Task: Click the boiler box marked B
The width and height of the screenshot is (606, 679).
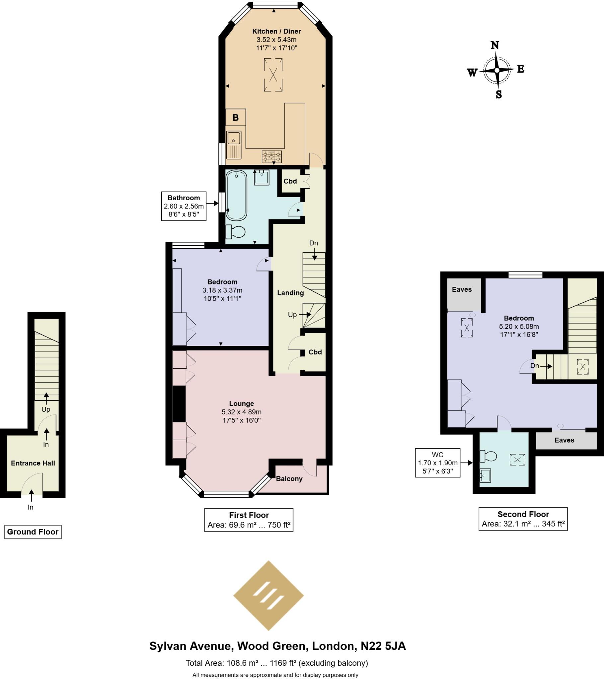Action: tap(236, 117)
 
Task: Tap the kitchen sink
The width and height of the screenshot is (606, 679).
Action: tap(234, 145)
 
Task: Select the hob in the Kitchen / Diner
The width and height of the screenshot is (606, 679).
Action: tap(272, 157)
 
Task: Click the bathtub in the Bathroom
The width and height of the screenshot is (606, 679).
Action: tap(237, 195)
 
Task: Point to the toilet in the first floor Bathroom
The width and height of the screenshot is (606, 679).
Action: tap(236, 232)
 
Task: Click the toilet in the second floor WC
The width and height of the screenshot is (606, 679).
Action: tap(489, 457)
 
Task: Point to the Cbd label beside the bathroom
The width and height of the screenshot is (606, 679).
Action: tap(291, 182)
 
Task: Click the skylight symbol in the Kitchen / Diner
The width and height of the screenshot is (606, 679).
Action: tap(274, 75)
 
